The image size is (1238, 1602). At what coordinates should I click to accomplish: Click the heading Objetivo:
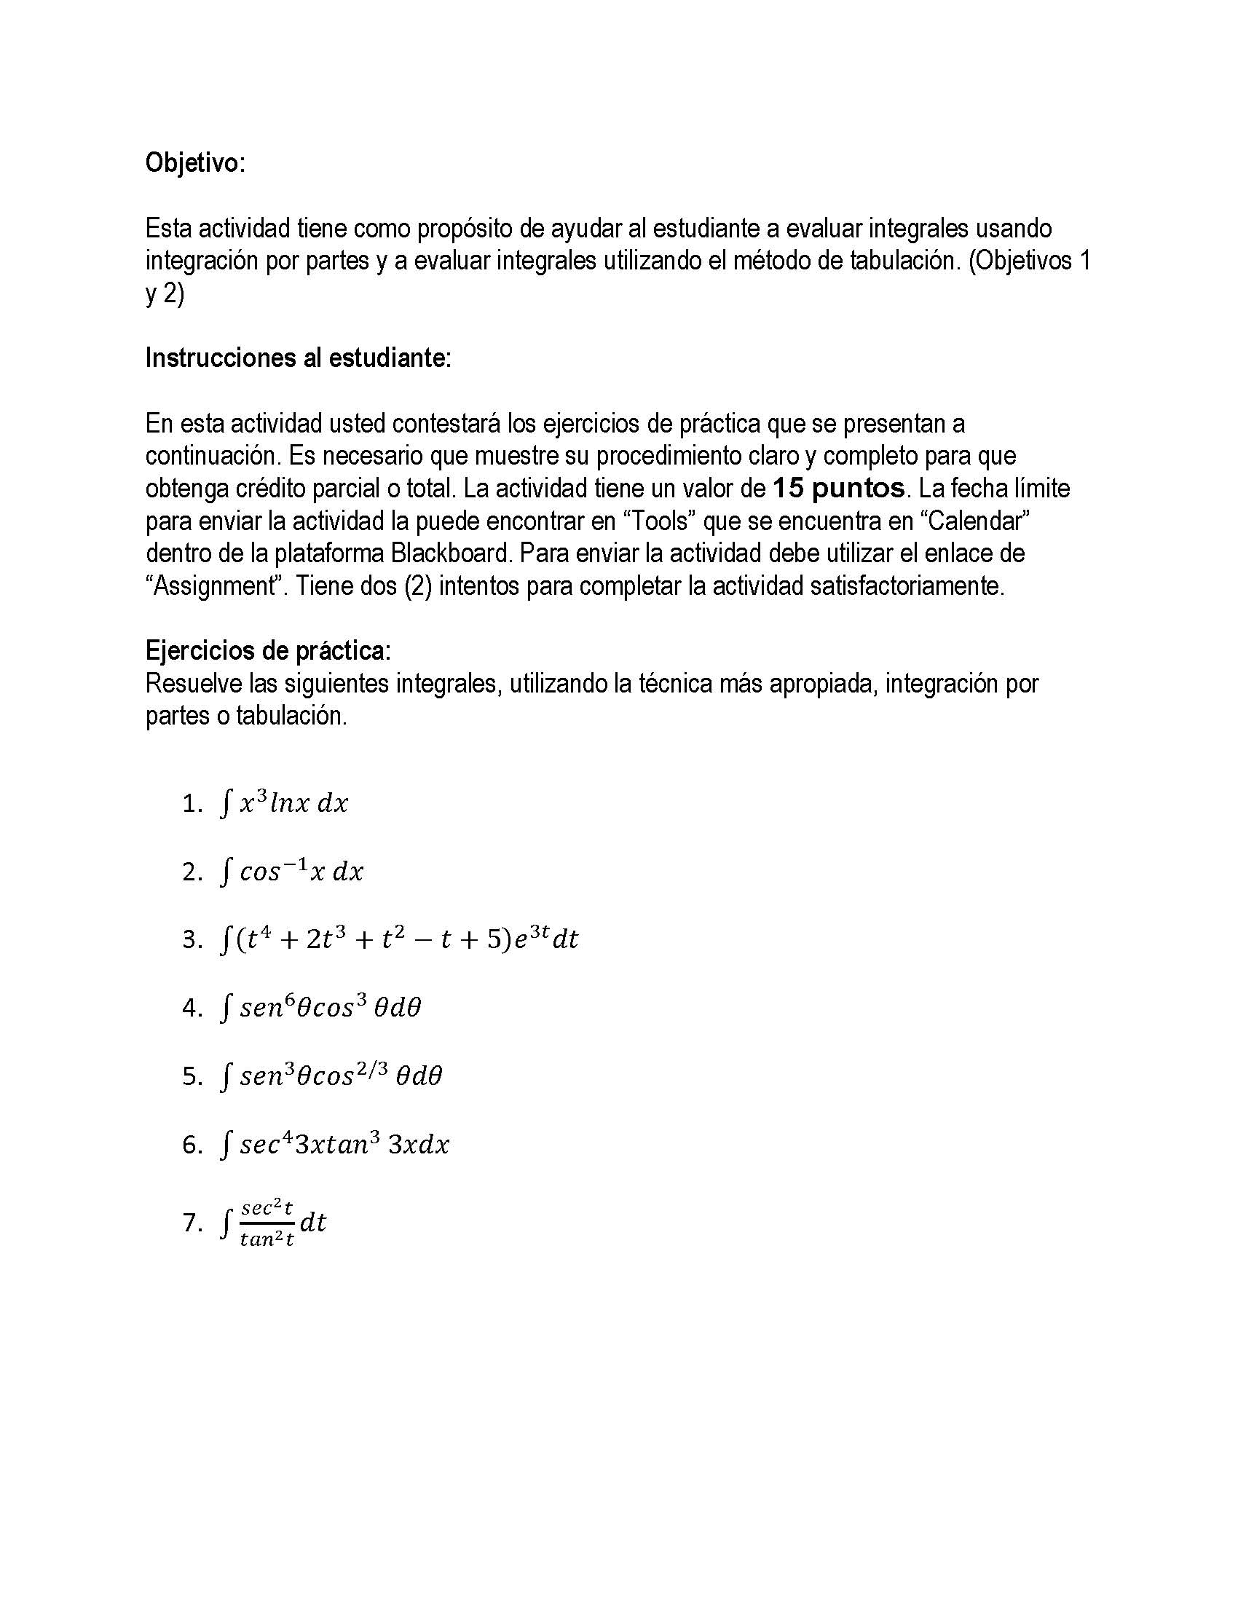coord(195,163)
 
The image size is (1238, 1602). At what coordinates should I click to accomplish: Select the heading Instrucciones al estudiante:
coord(298,358)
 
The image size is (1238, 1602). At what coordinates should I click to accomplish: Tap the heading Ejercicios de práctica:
coord(268,650)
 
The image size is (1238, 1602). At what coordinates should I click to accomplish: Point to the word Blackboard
coord(450,553)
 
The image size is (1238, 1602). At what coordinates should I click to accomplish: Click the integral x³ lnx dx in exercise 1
coord(285,803)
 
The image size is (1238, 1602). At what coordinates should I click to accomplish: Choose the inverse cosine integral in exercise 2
coord(292,872)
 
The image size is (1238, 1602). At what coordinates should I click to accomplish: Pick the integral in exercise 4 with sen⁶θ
coord(320,1007)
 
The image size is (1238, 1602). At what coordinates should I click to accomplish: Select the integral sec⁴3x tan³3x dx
coord(334,1144)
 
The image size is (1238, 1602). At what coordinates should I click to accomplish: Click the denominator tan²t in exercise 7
coord(267,1239)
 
